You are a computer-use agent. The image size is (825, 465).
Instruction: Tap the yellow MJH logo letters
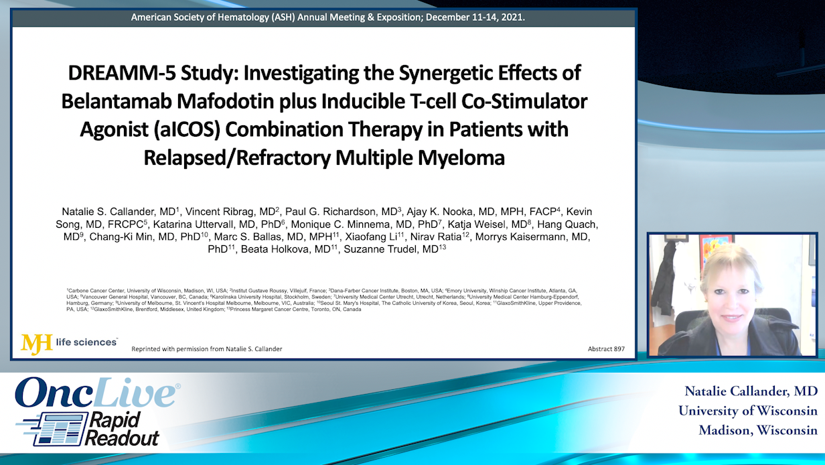point(36,344)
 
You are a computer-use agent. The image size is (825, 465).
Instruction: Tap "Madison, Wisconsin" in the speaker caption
point(757,430)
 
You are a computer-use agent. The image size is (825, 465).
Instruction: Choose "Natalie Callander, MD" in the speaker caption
point(751,391)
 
